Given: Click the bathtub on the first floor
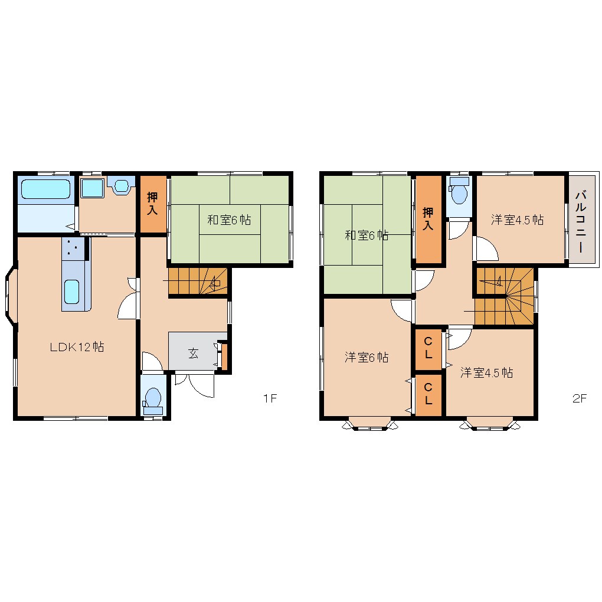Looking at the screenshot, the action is tap(45, 189).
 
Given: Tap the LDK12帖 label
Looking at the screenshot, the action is tap(77, 347).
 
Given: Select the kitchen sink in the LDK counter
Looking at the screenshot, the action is tap(72, 292).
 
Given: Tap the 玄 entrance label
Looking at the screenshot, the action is tap(193, 353).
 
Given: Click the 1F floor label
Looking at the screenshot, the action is tap(270, 398).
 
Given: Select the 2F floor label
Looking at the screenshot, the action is tap(580, 398).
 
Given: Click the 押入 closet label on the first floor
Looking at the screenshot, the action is tap(152, 204).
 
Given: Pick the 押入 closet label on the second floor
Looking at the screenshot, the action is tap(428, 218).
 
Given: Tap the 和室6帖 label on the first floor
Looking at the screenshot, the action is tap(229, 220).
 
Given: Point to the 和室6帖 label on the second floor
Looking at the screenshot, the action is tap(367, 235).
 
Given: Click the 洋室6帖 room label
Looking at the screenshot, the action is tap(367, 358).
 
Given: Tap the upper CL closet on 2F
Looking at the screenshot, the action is tap(428, 348).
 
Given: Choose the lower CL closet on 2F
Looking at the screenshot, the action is tap(428, 394).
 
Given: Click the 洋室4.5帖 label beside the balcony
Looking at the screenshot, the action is tap(517, 220).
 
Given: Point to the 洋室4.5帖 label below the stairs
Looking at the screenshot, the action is tap(486, 372).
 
